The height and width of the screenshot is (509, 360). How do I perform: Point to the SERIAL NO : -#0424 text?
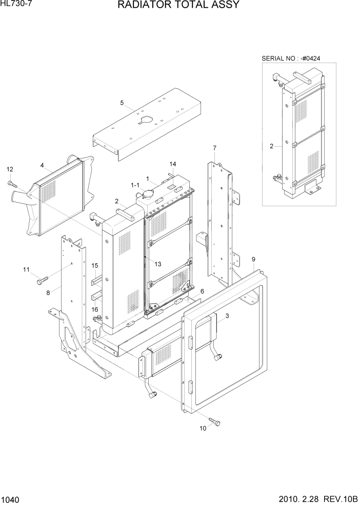[294, 58]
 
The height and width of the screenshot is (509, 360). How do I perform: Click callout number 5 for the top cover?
[122, 103]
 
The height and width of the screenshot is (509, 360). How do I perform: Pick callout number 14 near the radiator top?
[173, 164]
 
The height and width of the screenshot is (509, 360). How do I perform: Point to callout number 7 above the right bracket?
[214, 148]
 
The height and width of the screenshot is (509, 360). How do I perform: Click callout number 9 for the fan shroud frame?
[253, 260]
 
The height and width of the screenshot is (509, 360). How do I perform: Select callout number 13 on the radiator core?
[157, 264]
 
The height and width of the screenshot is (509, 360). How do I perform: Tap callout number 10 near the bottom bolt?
[203, 428]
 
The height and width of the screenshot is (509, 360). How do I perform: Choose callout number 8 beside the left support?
[48, 293]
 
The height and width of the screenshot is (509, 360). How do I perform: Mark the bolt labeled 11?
[41, 280]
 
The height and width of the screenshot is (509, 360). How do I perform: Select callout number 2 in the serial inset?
[271, 146]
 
